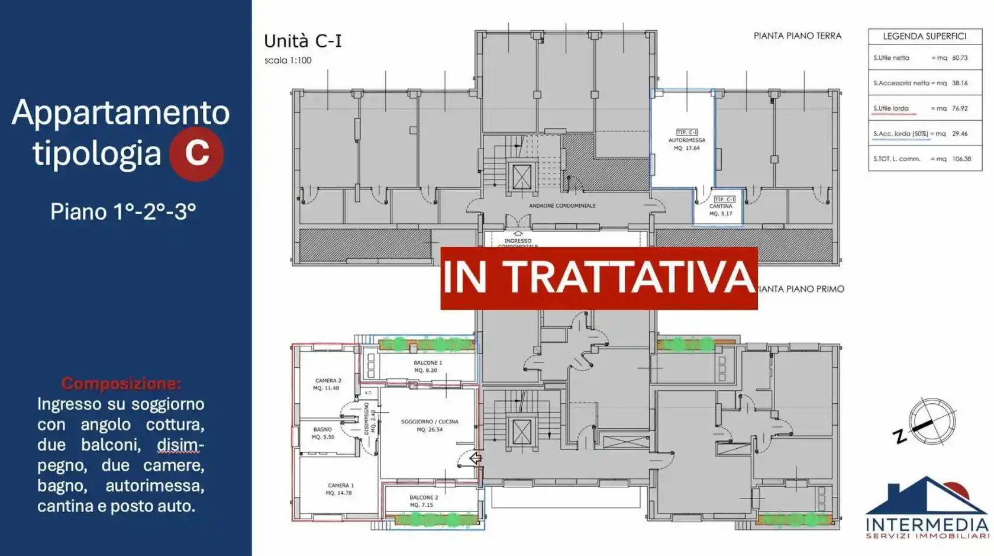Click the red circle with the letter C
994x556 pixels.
[x=196, y=153]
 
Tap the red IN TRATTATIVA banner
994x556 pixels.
[x=599, y=278]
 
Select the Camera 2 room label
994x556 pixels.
[x=327, y=384]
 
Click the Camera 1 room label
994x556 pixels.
[x=340, y=489]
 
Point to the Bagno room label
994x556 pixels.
[x=323, y=433]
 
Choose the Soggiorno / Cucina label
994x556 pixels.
[x=430, y=425]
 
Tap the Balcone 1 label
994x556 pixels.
[x=427, y=367]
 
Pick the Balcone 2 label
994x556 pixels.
[x=424, y=501]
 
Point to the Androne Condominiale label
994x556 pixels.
[x=562, y=206]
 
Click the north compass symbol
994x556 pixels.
[x=931, y=422]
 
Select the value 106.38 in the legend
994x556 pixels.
[x=962, y=159]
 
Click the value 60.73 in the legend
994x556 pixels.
[x=960, y=58]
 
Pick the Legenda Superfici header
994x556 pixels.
[x=925, y=36]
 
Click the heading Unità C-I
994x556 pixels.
[x=303, y=41]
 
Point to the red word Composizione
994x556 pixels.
[x=121, y=383]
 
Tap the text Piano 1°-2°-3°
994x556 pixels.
[x=123, y=211]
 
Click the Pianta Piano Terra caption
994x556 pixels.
[x=797, y=36]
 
